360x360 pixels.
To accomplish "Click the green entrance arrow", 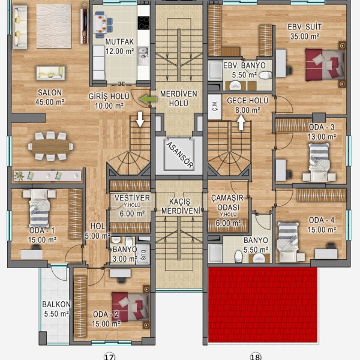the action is point(148,100).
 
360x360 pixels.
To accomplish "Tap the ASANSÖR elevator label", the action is point(180,155).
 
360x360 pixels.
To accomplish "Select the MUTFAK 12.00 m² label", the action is point(119,46).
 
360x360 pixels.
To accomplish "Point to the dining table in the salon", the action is point(51,146).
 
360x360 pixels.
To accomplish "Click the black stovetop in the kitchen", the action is point(144,23).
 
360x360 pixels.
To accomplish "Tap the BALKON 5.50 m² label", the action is point(56,309).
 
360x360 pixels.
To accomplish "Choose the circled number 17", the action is point(109,356).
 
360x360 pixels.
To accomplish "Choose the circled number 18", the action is point(256,356).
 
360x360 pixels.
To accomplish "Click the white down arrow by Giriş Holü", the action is point(140,119).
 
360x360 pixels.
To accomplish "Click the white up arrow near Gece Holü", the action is point(241,122).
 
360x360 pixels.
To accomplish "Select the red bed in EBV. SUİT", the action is point(325,65).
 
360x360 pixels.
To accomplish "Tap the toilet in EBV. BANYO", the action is point(265,75).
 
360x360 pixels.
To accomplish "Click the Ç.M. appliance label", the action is point(215,106).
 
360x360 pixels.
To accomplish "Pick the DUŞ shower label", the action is point(143,255).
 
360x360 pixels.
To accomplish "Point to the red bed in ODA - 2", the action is point(130,307).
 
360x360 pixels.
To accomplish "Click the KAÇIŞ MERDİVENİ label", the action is point(180,206).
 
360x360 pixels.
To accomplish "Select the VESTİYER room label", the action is point(132,197).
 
